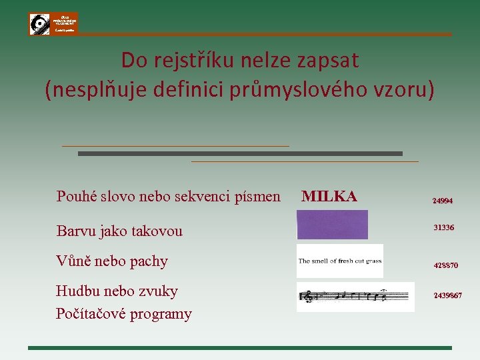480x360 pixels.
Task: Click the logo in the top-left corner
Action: pyautogui.click(x=53, y=24)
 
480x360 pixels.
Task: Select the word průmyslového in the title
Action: pyautogui.click(x=314, y=90)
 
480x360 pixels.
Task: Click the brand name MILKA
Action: pyautogui.click(x=329, y=196)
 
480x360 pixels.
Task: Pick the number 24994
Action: pyautogui.click(x=443, y=200)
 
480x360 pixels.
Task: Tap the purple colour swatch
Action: pyautogui.click(x=332, y=225)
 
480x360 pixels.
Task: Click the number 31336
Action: pyautogui.click(x=443, y=228)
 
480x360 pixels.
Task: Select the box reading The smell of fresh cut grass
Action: pyautogui.click(x=340, y=261)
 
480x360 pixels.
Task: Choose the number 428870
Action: pyautogui.click(x=445, y=265)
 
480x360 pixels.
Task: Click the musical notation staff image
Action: pyautogui.click(x=346, y=296)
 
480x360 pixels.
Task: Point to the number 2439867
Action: pyautogui.click(x=447, y=295)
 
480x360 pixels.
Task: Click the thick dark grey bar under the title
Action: pyautogui.click(x=240, y=153)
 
